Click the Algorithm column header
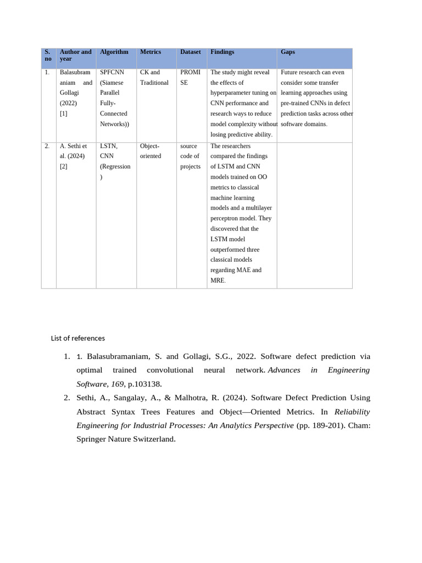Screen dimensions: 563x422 (x=114, y=52)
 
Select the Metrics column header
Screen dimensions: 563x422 (x=151, y=52)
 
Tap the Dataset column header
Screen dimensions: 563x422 (x=190, y=52)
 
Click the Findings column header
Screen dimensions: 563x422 (x=222, y=52)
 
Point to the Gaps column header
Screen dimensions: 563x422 (x=287, y=52)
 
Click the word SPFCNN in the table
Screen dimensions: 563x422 (x=112, y=73)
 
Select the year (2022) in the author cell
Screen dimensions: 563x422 (x=68, y=103)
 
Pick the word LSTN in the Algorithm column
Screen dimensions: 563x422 (x=108, y=146)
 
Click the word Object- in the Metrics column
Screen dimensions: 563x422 (x=149, y=146)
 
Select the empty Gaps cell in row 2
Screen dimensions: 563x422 (x=314, y=214)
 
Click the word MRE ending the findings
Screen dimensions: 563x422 (x=216, y=281)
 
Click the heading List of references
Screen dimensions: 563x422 (x=77, y=338)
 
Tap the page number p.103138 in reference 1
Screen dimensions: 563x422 (x=144, y=383)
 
